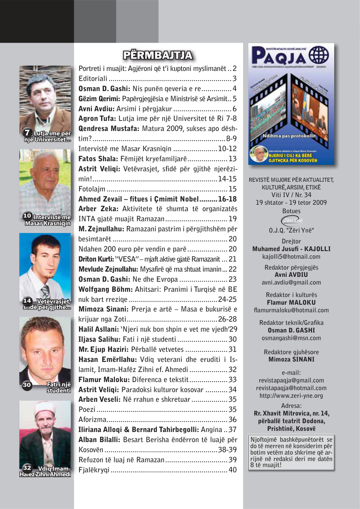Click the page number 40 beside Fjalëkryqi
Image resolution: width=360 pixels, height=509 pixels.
click(233, 470)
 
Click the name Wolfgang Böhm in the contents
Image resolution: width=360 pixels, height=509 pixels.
click(102, 289)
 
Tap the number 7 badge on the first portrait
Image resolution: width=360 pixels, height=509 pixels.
click(27, 133)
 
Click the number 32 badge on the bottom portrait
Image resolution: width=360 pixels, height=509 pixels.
click(27, 468)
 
